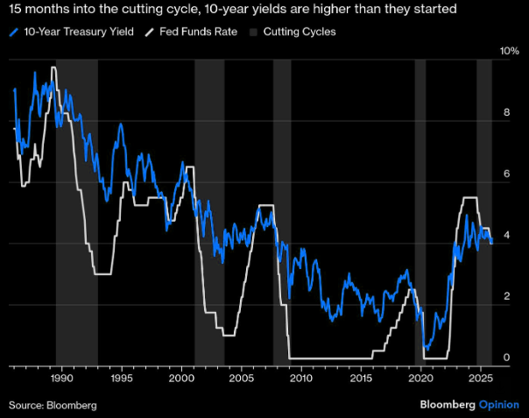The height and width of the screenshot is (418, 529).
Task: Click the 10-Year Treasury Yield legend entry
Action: click(x=72, y=32)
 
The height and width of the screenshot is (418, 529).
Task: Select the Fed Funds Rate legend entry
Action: click(x=186, y=32)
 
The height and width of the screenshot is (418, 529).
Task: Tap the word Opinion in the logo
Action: click(x=499, y=405)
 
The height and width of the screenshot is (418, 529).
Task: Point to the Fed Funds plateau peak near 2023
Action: click(x=469, y=198)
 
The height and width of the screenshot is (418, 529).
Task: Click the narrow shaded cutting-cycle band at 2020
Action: click(x=420, y=210)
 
